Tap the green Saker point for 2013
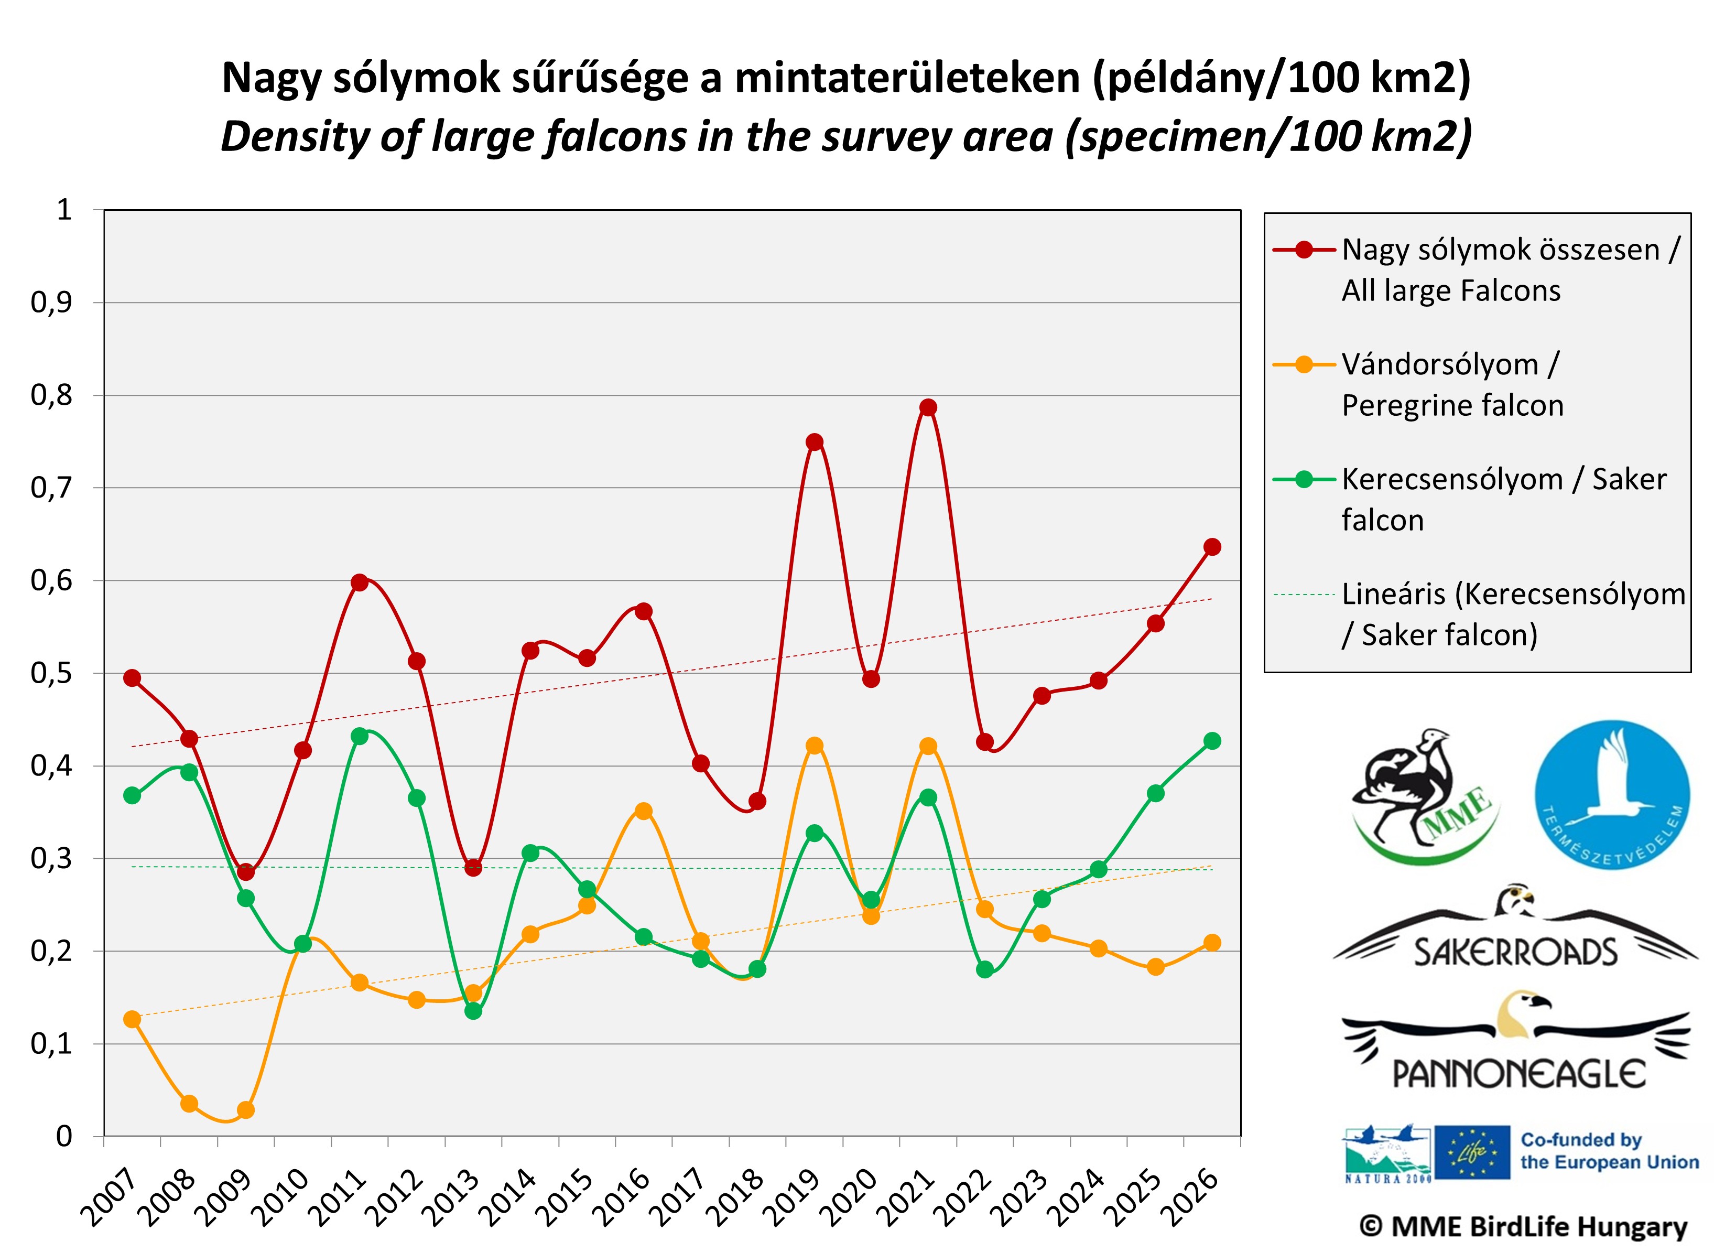(473, 1011)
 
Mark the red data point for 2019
(814, 442)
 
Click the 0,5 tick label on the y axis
(51, 674)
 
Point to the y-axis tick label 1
(64, 210)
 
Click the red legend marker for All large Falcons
(1303, 250)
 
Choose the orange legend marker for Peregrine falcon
(1303, 364)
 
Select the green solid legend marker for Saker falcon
(1303, 479)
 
